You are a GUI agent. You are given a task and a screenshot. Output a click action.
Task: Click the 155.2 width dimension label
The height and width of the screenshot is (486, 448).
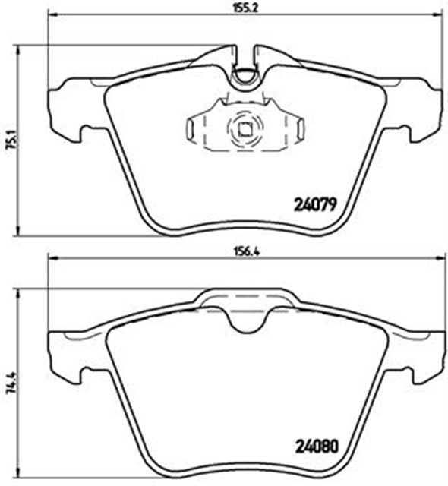coord(246,7)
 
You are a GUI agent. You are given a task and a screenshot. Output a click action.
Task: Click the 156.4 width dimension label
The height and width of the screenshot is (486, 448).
coord(246,251)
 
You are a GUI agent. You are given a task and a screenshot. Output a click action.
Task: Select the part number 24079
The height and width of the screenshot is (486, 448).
coord(315,205)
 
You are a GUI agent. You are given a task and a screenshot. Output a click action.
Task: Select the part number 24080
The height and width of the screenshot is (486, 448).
coord(317,447)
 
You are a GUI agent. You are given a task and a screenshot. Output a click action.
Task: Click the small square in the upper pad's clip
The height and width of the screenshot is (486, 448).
coord(245,130)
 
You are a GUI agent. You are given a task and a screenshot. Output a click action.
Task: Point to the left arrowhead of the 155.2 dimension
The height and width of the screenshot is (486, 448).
coord(53,14)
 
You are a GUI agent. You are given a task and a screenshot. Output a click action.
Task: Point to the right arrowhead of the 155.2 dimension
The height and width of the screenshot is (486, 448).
coord(439,14)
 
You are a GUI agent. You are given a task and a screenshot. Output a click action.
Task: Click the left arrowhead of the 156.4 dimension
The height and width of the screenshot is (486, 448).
coord(53,258)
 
